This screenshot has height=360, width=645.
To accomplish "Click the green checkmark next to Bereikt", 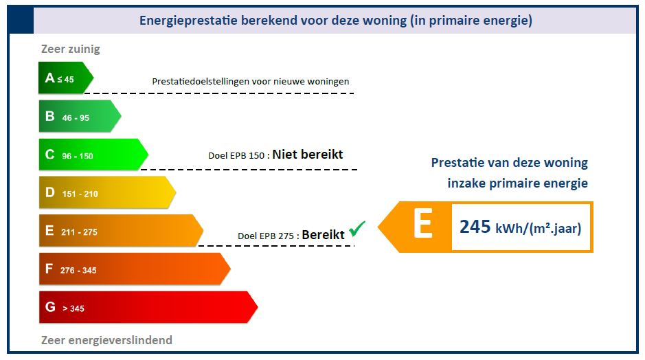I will pos(357,229).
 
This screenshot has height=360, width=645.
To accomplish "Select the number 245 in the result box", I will pos(475,227).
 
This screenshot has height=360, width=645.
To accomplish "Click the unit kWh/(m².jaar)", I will pos(538,228).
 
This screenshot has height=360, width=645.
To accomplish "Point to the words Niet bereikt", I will pos(307,155).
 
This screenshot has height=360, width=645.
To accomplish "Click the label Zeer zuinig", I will pos(71,49).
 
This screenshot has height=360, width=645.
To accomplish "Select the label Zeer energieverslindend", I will pos(106,340).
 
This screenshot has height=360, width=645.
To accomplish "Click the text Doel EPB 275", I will pos(267,236).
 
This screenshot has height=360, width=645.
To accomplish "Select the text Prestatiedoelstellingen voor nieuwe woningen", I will pos(250,82).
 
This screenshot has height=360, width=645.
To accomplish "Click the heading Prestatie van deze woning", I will pos(509,163).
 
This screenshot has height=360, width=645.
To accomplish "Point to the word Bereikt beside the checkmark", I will pos(323,234).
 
